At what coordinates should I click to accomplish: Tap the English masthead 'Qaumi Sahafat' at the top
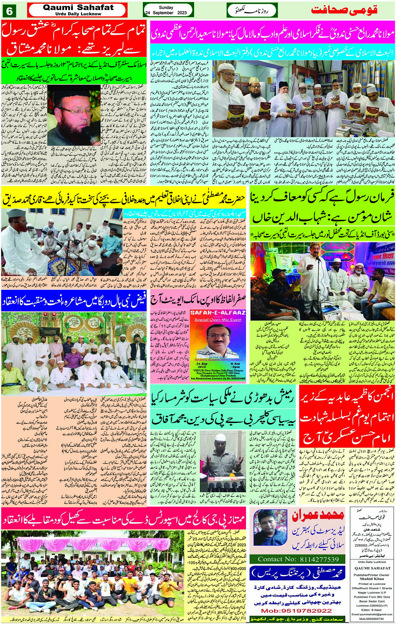78,7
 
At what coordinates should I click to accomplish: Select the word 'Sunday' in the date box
166,7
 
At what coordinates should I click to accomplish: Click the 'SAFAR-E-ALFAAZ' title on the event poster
217,312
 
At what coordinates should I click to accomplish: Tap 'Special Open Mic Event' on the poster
217,319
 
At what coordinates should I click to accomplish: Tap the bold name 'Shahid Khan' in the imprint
372,579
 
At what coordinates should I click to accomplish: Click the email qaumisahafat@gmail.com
372,614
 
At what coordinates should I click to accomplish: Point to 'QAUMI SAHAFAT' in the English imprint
372,568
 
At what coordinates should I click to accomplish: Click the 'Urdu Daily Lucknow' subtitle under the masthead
78,14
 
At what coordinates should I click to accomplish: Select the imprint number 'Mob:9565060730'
372,619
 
